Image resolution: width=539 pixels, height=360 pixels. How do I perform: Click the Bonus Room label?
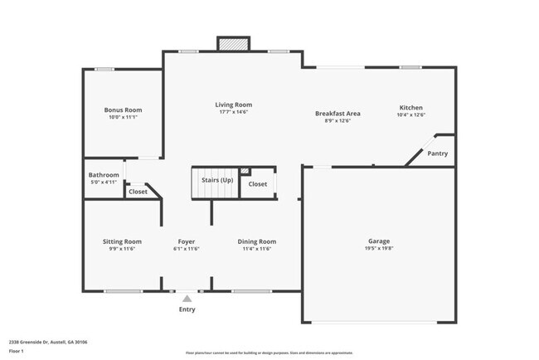pos(123,109)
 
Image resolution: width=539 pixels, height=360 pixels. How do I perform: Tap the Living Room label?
pos(234,105)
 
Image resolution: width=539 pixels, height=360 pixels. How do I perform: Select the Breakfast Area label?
pos(337,113)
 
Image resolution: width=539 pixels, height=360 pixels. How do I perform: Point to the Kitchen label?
pos(411,108)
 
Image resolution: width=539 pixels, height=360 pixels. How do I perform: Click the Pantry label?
pos(438,153)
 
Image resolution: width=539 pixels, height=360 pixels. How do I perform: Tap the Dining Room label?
pos(257,241)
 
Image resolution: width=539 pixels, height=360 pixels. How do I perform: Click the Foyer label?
pos(187,241)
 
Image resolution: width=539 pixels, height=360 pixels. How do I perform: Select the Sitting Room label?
pos(122,241)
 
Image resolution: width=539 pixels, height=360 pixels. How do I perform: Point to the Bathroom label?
pos(104,175)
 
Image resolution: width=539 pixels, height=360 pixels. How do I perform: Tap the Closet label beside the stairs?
pos(258,184)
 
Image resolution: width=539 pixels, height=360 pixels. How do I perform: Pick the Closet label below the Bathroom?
pos(138,192)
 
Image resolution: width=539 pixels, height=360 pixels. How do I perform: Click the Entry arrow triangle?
pos(187,298)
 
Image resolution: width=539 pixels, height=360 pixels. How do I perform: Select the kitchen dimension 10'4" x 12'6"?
pos(411,115)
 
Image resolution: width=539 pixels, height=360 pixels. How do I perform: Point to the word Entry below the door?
pos(187,309)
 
